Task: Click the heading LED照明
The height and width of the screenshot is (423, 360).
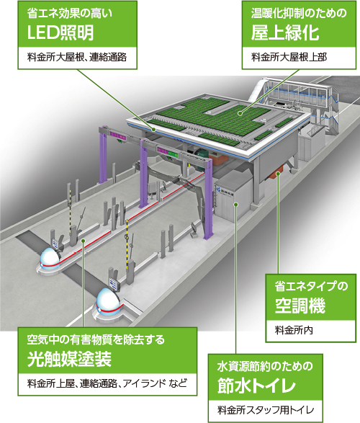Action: click(x=60, y=33)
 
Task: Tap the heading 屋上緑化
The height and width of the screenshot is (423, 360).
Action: click(x=285, y=33)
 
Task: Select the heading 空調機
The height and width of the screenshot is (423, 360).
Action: click(x=300, y=306)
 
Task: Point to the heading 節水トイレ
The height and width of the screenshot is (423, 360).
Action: click(x=256, y=386)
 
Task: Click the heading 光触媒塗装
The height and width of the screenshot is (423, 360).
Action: click(x=69, y=360)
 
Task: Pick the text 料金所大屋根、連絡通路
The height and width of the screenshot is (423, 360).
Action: click(x=77, y=57)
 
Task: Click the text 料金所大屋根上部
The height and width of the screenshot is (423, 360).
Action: click(x=289, y=57)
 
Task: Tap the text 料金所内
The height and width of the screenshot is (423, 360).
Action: click(x=294, y=330)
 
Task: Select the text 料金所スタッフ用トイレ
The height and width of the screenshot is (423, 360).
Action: click(x=266, y=410)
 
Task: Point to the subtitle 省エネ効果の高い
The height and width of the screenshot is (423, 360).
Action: click(x=70, y=14)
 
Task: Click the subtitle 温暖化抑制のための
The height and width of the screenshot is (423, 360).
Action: click(x=299, y=14)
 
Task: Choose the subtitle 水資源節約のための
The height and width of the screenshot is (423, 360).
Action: click(x=265, y=366)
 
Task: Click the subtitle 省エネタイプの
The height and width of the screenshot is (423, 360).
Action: click(x=311, y=286)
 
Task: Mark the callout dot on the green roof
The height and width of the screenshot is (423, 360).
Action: click(x=240, y=114)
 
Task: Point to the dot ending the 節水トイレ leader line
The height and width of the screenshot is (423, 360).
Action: click(x=235, y=204)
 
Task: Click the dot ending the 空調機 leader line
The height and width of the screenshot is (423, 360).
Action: click(x=279, y=174)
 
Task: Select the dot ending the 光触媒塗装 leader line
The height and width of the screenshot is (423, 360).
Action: click(x=84, y=240)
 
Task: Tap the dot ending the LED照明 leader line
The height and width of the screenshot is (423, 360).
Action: click(x=153, y=130)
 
